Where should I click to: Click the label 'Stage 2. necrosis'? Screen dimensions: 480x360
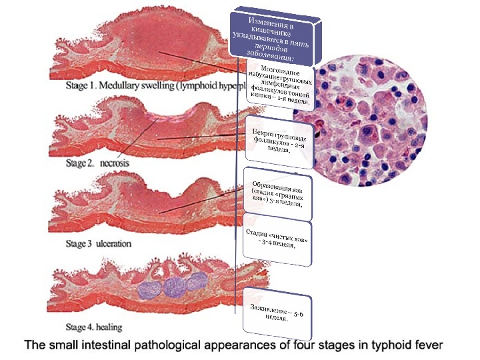click(98, 162)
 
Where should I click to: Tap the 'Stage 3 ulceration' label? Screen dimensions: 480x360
click(99, 244)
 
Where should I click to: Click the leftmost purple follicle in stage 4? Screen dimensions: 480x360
click(151, 287)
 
